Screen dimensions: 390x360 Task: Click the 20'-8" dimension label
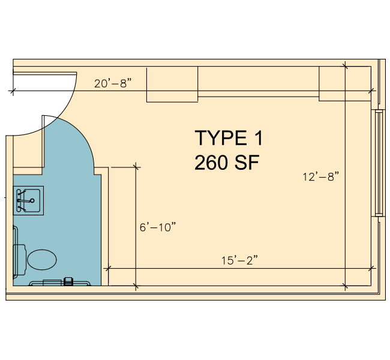(x=113, y=83)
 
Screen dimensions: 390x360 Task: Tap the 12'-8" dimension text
(x=321, y=176)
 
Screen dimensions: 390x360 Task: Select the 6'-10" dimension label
(x=158, y=227)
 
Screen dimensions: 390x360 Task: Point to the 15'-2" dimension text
(x=240, y=260)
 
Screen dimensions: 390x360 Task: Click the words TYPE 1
(x=229, y=138)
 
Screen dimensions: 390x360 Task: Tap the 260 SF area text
(x=227, y=163)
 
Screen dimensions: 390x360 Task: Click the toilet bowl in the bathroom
(x=42, y=259)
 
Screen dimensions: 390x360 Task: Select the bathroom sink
(x=28, y=200)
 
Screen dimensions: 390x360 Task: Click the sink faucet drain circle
(x=32, y=200)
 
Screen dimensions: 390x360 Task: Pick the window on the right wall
(x=379, y=163)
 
